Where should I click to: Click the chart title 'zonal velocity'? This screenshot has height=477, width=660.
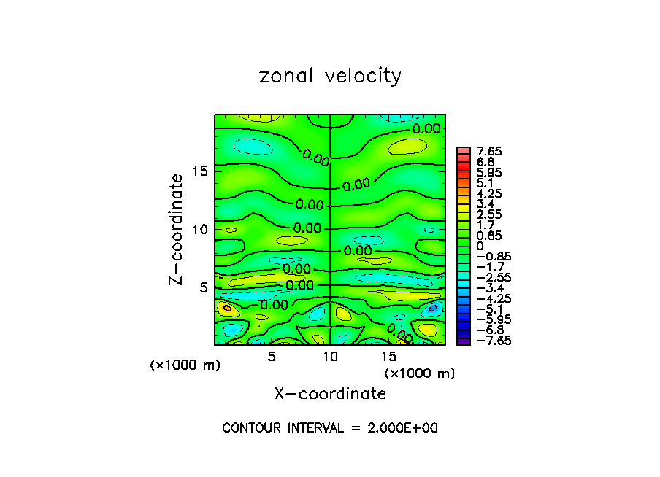tap(330, 76)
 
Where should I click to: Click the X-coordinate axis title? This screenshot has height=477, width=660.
tap(330, 394)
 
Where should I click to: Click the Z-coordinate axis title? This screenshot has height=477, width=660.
tap(176, 229)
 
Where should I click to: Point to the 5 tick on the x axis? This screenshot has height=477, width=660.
tap(271, 357)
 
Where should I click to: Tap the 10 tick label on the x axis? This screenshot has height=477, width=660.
tap(330, 357)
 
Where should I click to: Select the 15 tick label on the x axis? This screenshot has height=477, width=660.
tap(389, 357)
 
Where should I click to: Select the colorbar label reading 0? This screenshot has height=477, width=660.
tap(475, 247)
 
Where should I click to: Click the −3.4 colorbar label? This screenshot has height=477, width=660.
tap(484, 288)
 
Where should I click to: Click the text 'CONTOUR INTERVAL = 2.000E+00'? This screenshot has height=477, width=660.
tap(330, 428)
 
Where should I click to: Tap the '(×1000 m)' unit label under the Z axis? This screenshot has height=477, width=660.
tap(185, 365)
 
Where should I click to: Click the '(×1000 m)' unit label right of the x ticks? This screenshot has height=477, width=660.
tap(420, 373)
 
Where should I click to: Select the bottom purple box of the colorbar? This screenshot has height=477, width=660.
tap(463, 340)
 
